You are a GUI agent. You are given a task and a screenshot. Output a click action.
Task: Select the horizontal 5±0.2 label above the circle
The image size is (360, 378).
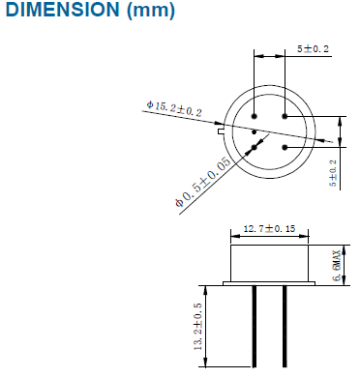click(x=312, y=47)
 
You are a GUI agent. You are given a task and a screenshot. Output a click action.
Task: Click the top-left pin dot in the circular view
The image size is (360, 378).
click(x=254, y=117)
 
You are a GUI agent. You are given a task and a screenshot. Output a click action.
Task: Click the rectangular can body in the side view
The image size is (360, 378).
click(x=269, y=262)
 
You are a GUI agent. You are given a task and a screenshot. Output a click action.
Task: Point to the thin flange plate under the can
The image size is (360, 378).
click(x=269, y=283)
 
